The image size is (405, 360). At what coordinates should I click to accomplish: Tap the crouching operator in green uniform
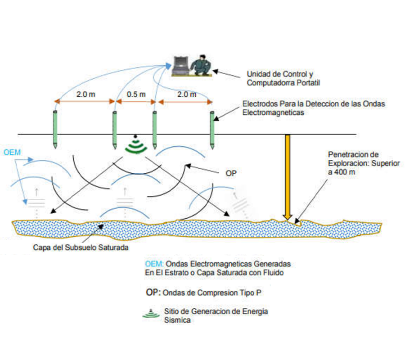pyautogui.click(x=200, y=65)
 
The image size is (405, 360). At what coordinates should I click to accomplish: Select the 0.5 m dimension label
pyautogui.click(x=135, y=94)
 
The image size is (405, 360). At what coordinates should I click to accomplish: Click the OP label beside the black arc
pyautogui.click(x=231, y=172)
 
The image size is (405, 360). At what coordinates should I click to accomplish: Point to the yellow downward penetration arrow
pyautogui.click(x=288, y=175)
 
